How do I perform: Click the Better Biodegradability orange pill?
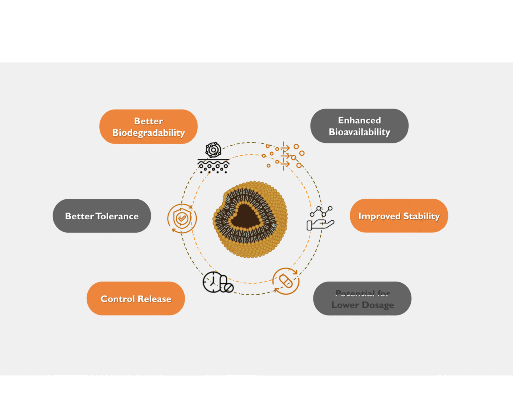pyautogui.click(x=148, y=126)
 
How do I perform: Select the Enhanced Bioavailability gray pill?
pyautogui.click(x=359, y=126)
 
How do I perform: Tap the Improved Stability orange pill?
pyautogui.click(x=399, y=216)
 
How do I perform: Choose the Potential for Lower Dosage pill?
pyautogui.click(x=362, y=299)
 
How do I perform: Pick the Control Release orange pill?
pyautogui.click(x=136, y=298)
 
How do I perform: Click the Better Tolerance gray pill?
pyautogui.click(x=102, y=216)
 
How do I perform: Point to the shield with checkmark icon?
pyautogui.click(x=182, y=219)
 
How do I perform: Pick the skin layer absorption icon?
pyautogui.click(x=213, y=158)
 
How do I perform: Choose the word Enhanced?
pyautogui.click(x=359, y=120)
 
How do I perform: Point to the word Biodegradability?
pyautogui.click(x=148, y=133)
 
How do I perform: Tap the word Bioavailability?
pyautogui.click(x=359, y=133)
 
